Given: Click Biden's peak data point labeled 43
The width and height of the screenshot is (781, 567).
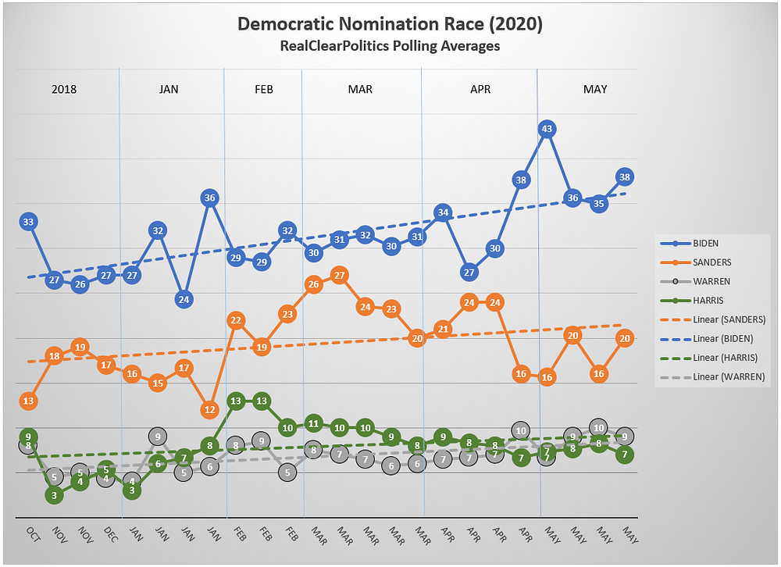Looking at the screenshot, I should coord(547,129).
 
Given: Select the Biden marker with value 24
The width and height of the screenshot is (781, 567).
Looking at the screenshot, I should coord(184,299).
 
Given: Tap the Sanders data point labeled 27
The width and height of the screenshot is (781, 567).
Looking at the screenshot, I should coord(339,275).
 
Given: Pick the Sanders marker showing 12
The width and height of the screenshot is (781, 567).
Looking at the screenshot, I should coord(209,408).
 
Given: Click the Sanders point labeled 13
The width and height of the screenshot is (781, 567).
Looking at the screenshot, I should coord(28,401).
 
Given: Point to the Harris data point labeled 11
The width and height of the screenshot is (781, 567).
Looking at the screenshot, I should coord(313,424).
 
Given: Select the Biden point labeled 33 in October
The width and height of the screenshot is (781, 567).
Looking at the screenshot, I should coord(28,222).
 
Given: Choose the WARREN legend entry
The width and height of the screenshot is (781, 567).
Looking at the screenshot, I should coord(711,281).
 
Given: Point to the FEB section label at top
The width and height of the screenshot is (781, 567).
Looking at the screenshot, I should coord(264,89).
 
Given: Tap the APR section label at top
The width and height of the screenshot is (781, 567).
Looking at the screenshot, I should coord(480,89).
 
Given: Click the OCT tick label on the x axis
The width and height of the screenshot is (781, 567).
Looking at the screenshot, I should coord(32,535).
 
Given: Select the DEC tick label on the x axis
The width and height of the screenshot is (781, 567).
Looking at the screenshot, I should coord(110,535).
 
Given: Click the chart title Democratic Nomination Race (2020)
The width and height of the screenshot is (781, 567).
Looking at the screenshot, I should coord(390,25).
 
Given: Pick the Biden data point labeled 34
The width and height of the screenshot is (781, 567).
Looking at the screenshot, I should coord(443,212).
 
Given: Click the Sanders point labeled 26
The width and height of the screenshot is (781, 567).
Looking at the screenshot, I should coord(313,284).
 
